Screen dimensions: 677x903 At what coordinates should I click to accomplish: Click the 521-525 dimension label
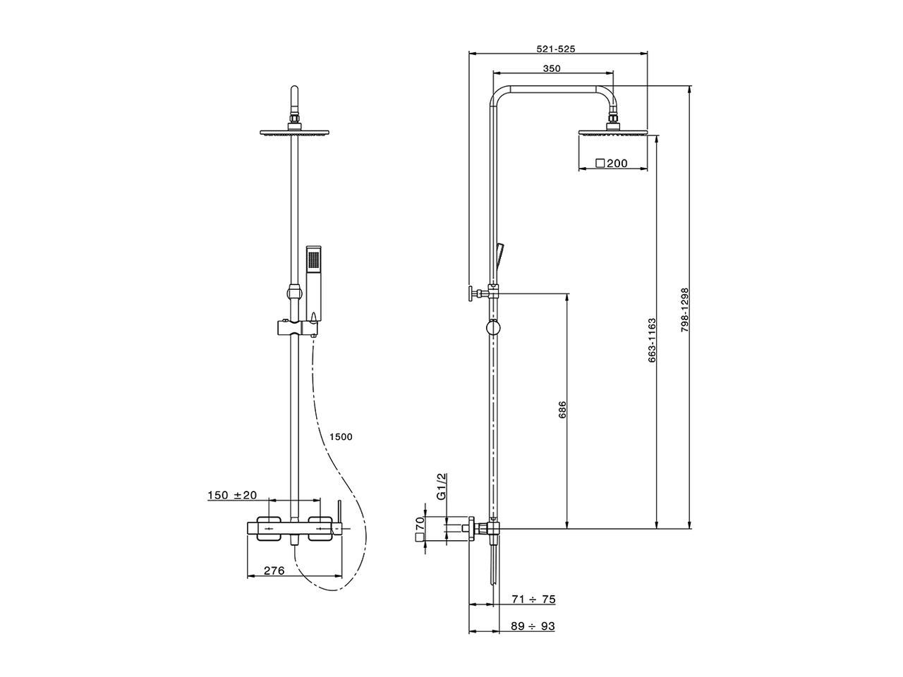pyautogui.click(x=556, y=49)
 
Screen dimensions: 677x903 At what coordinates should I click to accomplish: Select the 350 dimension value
pyautogui.click(x=552, y=68)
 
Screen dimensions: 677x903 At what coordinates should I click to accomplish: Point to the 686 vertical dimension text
pyautogui.click(x=562, y=410)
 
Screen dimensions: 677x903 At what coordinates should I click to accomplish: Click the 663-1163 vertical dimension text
pyautogui.click(x=652, y=341)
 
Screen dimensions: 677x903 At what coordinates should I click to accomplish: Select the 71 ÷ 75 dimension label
pyautogui.click(x=533, y=599)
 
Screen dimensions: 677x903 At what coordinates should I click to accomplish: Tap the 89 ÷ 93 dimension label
pyautogui.click(x=533, y=626)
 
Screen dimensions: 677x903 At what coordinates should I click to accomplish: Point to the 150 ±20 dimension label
pyautogui.click(x=232, y=496)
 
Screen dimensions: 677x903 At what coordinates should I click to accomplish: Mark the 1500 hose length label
pyautogui.click(x=340, y=437)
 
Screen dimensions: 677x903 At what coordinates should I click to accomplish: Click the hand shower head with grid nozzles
pyautogui.click(x=314, y=259)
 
